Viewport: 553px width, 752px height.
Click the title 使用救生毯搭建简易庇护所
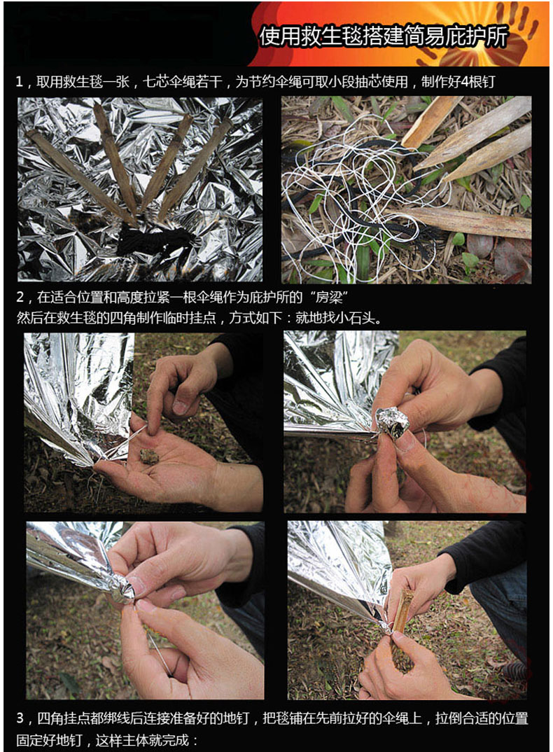[383, 37]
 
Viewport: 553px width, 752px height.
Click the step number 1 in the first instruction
[19, 82]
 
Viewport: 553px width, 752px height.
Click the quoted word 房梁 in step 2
[329, 298]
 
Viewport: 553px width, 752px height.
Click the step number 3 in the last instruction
[20, 718]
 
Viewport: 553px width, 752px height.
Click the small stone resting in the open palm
[148, 457]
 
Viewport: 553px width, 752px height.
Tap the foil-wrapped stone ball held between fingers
[392, 422]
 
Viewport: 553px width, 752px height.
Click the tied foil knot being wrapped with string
[120, 589]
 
